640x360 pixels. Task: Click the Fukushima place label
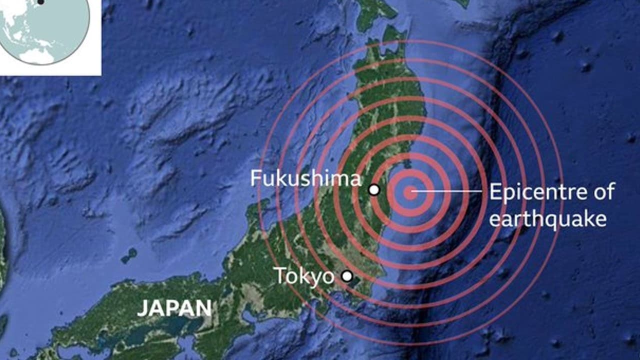pyautogui.click(x=305, y=179)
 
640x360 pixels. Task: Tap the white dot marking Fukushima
pyautogui.click(x=374, y=189)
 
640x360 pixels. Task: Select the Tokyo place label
pyautogui.click(x=304, y=276)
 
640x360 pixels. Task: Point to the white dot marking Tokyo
pyautogui.click(x=347, y=276)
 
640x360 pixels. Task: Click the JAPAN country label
pyautogui.click(x=174, y=308)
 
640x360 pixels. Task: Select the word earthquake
pyautogui.click(x=547, y=218)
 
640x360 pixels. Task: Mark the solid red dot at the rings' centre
pyautogui.click(x=410, y=192)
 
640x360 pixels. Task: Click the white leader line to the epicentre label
pyautogui.click(x=450, y=191)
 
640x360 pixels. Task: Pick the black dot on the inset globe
pyautogui.click(x=41, y=1)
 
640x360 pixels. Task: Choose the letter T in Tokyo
pyautogui.click(x=279, y=276)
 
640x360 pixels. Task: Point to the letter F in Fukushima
pyautogui.click(x=255, y=179)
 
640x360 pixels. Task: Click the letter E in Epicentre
pyautogui.click(x=494, y=192)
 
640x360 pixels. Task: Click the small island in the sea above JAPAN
pyautogui.click(x=129, y=255)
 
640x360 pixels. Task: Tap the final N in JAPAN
pyautogui.click(x=203, y=308)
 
